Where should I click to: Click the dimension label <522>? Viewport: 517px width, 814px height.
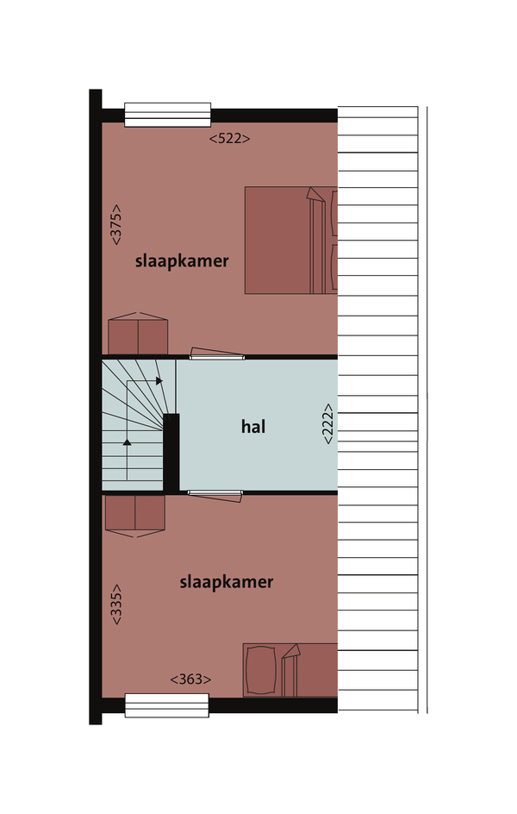229,139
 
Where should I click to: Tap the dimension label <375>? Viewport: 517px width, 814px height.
116,224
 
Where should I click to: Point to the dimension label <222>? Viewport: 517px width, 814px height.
327,423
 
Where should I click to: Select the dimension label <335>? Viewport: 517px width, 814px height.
116,604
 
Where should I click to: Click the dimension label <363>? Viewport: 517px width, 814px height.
190,679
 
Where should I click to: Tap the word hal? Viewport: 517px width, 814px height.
253,427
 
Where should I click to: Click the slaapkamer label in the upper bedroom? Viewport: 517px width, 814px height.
182,260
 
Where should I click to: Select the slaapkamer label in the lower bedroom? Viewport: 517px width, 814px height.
226,582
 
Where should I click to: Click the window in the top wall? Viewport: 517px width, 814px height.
167,115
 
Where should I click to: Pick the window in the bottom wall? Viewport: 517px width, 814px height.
167,705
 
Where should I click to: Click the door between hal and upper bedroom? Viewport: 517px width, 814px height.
217,354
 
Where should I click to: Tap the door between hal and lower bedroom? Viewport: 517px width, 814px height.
215,495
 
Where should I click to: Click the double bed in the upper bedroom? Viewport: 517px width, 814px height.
291,241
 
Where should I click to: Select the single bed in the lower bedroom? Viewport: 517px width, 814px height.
290,670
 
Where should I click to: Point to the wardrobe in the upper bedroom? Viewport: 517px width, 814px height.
138,334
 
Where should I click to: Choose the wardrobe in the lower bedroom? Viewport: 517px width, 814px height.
134,516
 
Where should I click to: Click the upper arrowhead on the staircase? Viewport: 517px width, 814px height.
159,381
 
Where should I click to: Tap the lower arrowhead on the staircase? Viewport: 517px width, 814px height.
127,442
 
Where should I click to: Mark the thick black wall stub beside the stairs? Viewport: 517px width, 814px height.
171,453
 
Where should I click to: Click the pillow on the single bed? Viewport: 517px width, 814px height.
260,670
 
